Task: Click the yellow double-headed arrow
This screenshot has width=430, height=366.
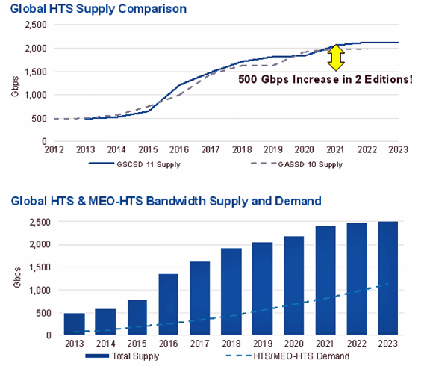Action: click(x=336, y=58)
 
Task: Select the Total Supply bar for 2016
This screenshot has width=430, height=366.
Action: click(x=169, y=304)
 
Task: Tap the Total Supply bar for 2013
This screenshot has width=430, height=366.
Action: click(x=75, y=324)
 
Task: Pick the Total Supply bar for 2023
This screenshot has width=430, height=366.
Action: click(x=387, y=278)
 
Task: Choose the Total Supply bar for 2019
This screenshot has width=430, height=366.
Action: click(x=263, y=288)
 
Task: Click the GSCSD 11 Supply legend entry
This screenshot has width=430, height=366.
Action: click(x=134, y=164)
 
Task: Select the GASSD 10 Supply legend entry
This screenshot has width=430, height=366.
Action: click(x=296, y=164)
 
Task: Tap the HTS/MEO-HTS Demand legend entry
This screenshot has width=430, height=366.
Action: click(x=287, y=356)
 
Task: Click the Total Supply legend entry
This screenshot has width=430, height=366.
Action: click(x=122, y=356)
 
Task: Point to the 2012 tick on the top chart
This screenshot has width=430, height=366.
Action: click(x=54, y=150)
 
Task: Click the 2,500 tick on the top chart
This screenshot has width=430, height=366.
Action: click(x=36, y=25)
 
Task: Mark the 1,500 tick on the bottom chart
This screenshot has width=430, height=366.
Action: click(x=40, y=267)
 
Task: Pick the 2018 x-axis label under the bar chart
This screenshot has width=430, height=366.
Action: click(x=231, y=344)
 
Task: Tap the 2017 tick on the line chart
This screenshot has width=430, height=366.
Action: click(x=211, y=150)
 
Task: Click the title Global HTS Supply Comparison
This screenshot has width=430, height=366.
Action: click(x=99, y=9)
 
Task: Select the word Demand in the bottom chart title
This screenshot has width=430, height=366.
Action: click(x=298, y=201)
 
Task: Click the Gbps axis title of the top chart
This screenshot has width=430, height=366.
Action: click(x=15, y=87)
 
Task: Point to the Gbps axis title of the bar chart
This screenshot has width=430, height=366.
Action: click(x=17, y=277)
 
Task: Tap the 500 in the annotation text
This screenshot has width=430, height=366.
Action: click(x=248, y=80)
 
